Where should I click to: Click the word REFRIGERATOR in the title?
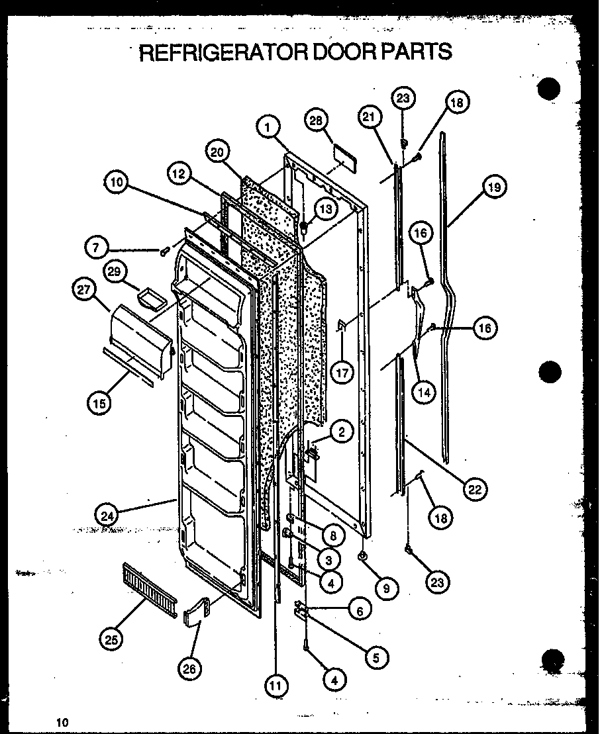coord(221,51)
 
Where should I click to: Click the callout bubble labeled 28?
coord(317,121)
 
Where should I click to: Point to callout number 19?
coord(493,188)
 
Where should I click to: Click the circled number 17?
coord(342,373)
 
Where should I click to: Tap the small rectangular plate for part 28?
coord(343,157)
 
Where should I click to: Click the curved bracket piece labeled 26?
coord(195,612)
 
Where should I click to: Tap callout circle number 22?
coord(475,489)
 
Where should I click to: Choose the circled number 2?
coord(340,432)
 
